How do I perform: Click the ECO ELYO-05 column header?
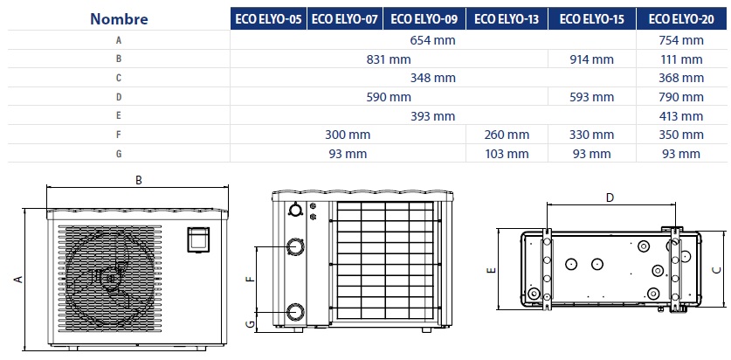coord(268,18)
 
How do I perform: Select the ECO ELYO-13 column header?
coord(507,18)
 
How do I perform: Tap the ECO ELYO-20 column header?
coord(681,18)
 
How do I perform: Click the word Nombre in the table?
coord(119,19)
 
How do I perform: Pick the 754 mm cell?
coord(681,40)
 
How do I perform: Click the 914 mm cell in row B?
coord(591,59)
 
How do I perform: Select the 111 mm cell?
coord(681,59)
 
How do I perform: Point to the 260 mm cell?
coord(507,135)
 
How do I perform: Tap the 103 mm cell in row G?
coord(507,154)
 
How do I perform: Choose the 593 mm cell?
coord(591,97)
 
